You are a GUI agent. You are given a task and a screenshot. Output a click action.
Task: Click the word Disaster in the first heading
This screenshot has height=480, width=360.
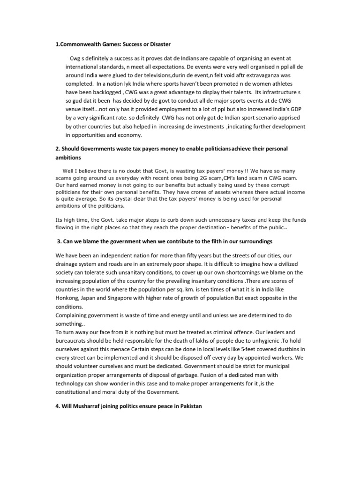click(158, 44)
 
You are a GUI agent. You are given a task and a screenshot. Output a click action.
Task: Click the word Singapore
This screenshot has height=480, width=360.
click(133, 298)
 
